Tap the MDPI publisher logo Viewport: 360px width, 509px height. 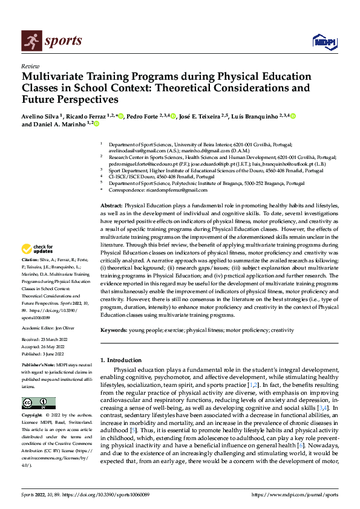click(x=324, y=41)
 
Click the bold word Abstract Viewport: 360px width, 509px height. click(x=111, y=206)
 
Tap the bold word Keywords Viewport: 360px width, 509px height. click(x=114, y=331)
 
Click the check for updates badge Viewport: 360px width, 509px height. click(x=38, y=249)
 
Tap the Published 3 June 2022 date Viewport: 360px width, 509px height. click(x=44, y=355)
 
